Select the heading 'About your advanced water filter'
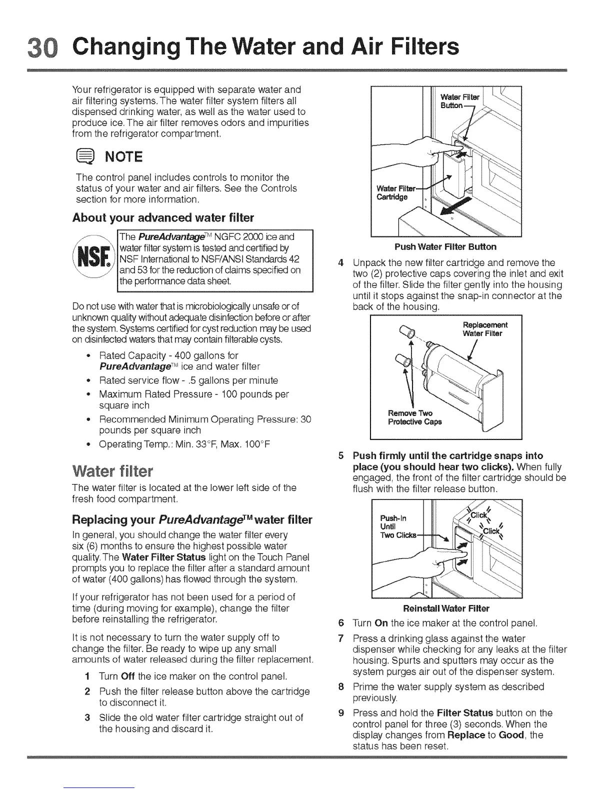pyautogui.click(x=163, y=218)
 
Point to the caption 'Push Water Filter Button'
pyautogui.click(x=445, y=246)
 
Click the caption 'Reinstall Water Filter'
pyautogui.click(x=446, y=608)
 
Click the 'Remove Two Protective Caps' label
pyautogui.click(x=414, y=417)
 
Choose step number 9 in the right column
pyautogui.click(x=340, y=713)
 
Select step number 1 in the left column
pyautogui.click(x=87, y=676)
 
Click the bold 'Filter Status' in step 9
pyautogui.click(x=465, y=713)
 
